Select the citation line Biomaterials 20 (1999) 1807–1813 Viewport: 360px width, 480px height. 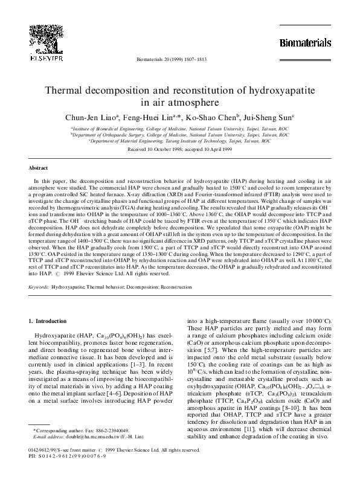point(179,60)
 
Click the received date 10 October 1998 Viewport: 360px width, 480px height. point(158,149)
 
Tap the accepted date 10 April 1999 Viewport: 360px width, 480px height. point(208,149)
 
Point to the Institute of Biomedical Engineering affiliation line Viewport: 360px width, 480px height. point(179,129)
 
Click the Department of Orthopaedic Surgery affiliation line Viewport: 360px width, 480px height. point(179,135)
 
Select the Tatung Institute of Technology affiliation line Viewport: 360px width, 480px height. point(179,142)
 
